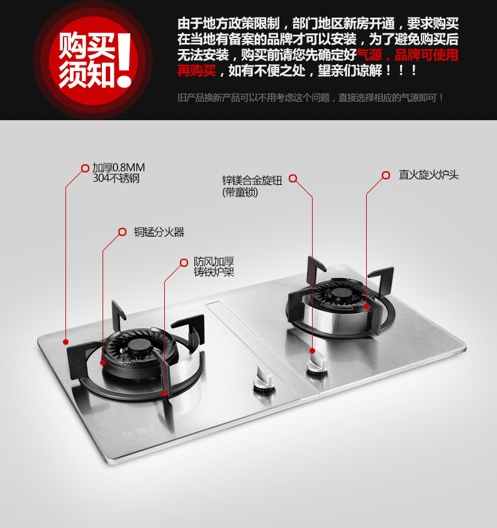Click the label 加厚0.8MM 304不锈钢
[x=118, y=172]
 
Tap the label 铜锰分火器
[x=159, y=232]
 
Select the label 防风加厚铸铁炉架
[x=214, y=267]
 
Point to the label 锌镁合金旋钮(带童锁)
[x=252, y=186]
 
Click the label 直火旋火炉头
[x=428, y=175]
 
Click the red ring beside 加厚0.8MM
[x=85, y=168]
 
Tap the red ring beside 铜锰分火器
[x=122, y=232]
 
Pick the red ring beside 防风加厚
[x=184, y=262]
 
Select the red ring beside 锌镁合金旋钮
[x=293, y=179]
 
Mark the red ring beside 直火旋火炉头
[x=386, y=175]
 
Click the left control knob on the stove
[x=264, y=380]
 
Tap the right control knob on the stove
[x=317, y=366]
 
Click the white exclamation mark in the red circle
[x=125, y=60]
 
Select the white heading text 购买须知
[x=87, y=60]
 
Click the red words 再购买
[x=197, y=70]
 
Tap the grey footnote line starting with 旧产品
[x=310, y=98]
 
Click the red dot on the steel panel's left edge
[x=65, y=342]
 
